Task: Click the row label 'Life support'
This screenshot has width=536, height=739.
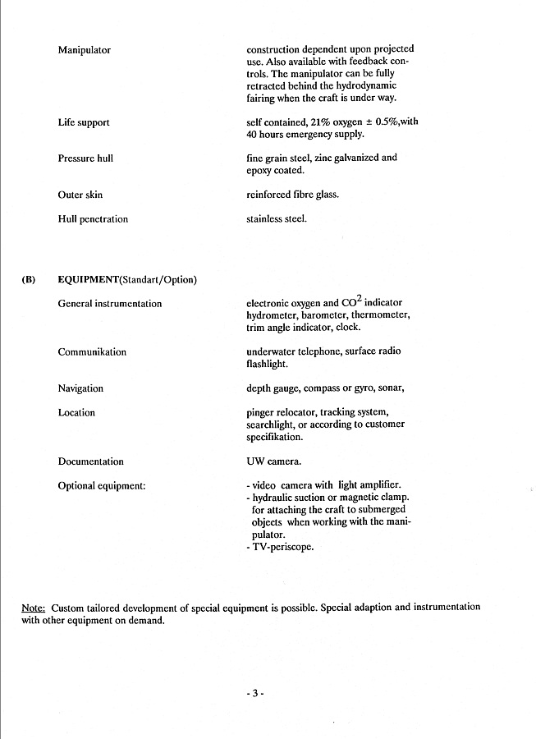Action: click(84, 122)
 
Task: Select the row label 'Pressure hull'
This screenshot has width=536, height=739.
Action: click(85, 158)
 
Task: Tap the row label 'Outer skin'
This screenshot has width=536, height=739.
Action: click(80, 195)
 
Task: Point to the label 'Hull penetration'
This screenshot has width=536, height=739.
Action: click(93, 219)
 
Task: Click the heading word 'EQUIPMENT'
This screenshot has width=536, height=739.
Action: click(89, 279)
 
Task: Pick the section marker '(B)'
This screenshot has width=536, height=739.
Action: click(29, 279)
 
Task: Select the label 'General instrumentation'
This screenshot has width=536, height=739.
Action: click(110, 304)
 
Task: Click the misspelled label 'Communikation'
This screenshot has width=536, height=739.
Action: click(92, 352)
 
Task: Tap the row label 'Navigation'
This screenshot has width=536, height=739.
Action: click(80, 388)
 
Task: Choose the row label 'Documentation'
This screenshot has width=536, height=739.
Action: click(91, 461)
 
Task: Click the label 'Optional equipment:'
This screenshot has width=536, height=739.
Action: click(102, 486)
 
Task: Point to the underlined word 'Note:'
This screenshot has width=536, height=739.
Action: click(33, 608)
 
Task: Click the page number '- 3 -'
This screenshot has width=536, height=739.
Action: click(254, 693)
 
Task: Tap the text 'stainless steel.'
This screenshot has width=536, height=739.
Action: click(277, 219)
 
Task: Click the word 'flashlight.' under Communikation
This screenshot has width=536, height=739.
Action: click(269, 364)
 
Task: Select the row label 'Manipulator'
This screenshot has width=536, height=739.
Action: click(85, 50)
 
